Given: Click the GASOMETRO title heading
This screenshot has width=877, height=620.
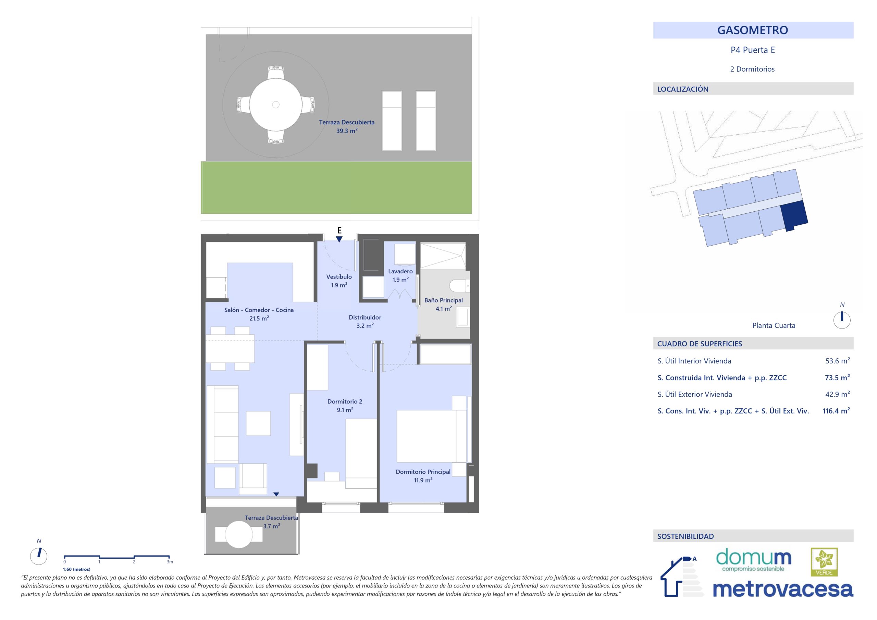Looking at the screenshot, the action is [753, 30].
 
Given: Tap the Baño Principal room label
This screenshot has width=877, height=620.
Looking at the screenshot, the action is [443, 300].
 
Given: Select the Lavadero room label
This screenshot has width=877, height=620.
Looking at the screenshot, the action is [400, 271].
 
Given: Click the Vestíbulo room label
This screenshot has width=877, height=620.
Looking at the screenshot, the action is [339, 276].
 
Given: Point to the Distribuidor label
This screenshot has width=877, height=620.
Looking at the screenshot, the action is [365, 317].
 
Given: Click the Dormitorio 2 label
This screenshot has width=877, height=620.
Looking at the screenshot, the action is [345, 401].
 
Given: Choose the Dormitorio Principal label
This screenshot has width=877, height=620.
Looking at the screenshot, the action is [423, 472].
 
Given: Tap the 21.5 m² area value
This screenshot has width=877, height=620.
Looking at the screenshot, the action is [259, 318].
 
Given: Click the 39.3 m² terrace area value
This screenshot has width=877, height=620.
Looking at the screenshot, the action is [347, 131].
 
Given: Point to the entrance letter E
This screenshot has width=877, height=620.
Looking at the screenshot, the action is [339, 230].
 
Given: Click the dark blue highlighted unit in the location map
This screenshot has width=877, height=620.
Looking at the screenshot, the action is [794, 215].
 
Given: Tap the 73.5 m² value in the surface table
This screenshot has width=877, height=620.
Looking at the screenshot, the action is [837, 377].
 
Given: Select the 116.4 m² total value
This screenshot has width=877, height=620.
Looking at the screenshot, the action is [836, 411].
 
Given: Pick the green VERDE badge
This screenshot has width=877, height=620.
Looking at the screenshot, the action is [824, 562].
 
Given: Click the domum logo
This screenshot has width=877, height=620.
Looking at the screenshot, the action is [753, 560].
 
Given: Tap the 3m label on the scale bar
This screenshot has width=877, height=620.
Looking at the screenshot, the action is [170, 562].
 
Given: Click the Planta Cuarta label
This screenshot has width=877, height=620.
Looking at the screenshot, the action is [774, 325].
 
